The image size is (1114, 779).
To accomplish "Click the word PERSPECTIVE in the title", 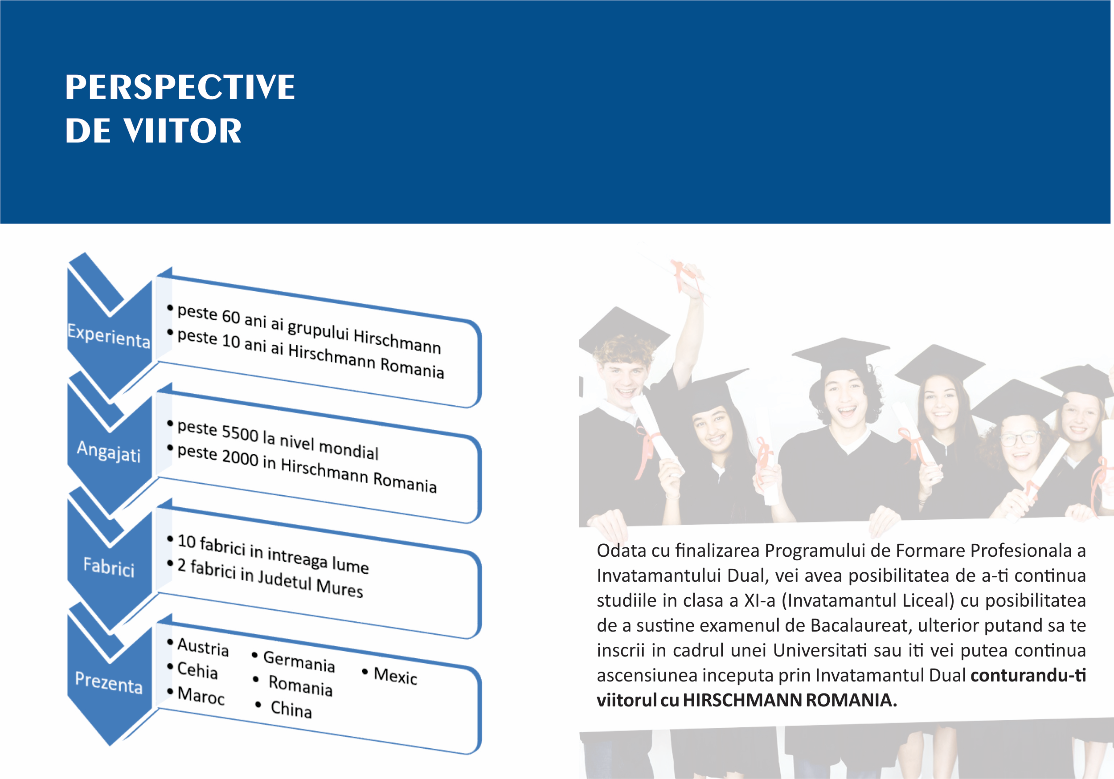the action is (x=180, y=87).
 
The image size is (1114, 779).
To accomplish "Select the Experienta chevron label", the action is (x=109, y=336).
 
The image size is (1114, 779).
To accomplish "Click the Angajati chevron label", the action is (x=109, y=452).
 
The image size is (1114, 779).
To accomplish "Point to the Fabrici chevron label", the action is (x=109, y=567).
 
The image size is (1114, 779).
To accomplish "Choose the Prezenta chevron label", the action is (x=109, y=682).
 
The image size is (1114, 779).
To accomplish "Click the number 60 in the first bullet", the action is (x=231, y=316).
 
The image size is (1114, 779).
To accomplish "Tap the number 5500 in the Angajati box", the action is (x=240, y=432).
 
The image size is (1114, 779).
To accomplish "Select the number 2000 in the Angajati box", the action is (x=240, y=457).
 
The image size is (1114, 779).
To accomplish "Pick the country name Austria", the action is (x=203, y=647).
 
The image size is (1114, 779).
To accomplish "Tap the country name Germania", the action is (x=299, y=661).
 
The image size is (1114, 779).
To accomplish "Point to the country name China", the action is (x=291, y=709).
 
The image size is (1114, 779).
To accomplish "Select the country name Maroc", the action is (x=201, y=695).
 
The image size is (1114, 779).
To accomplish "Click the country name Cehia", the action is (x=197, y=670).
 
